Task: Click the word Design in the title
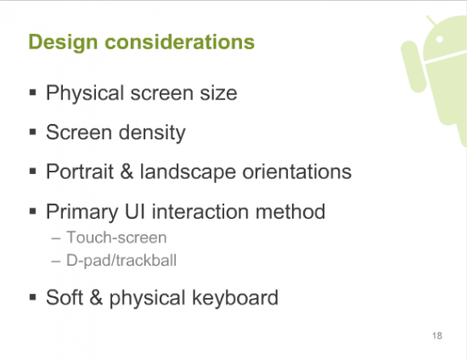pyautogui.click(x=63, y=42)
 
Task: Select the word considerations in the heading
pyautogui.click(x=180, y=42)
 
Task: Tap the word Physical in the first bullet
pyautogui.click(x=85, y=93)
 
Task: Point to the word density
pyautogui.click(x=152, y=132)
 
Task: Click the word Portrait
pyautogui.click(x=80, y=172)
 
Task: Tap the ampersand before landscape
pyautogui.click(x=127, y=172)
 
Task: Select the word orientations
pyautogui.click(x=297, y=172)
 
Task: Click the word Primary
pyautogui.click(x=82, y=212)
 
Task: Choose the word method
pyautogui.click(x=290, y=211)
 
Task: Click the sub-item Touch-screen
pyautogui.click(x=116, y=238)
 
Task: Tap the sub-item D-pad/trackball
pyautogui.click(x=121, y=261)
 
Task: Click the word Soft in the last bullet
pyautogui.click(x=65, y=297)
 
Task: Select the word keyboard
pyautogui.click(x=235, y=298)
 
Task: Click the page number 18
pyautogui.click(x=437, y=336)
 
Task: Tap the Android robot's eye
pyautogui.click(x=439, y=39)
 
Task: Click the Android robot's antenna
pyautogui.click(x=431, y=20)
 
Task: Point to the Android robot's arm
pyautogui.click(x=414, y=66)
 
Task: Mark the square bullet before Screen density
pyautogui.click(x=33, y=132)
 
